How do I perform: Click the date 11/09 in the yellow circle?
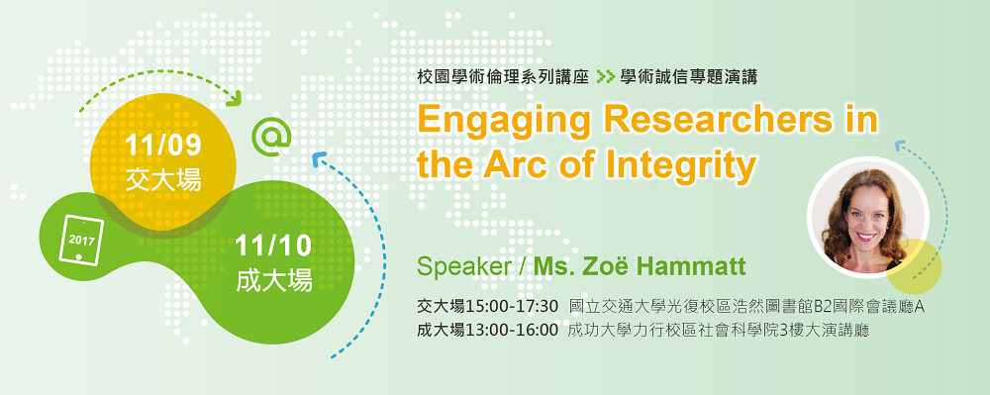point(163,146)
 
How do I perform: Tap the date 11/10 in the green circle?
point(273,247)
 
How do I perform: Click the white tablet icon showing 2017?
point(81,241)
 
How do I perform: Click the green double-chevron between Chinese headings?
point(605,77)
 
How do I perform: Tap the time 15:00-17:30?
point(512,307)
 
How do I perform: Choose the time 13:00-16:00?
point(512,330)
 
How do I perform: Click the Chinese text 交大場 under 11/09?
point(163,179)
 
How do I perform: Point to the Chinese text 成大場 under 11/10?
point(274,280)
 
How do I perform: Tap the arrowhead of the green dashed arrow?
point(237,99)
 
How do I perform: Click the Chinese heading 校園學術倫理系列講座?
point(503,77)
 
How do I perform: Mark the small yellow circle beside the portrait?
point(914,266)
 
